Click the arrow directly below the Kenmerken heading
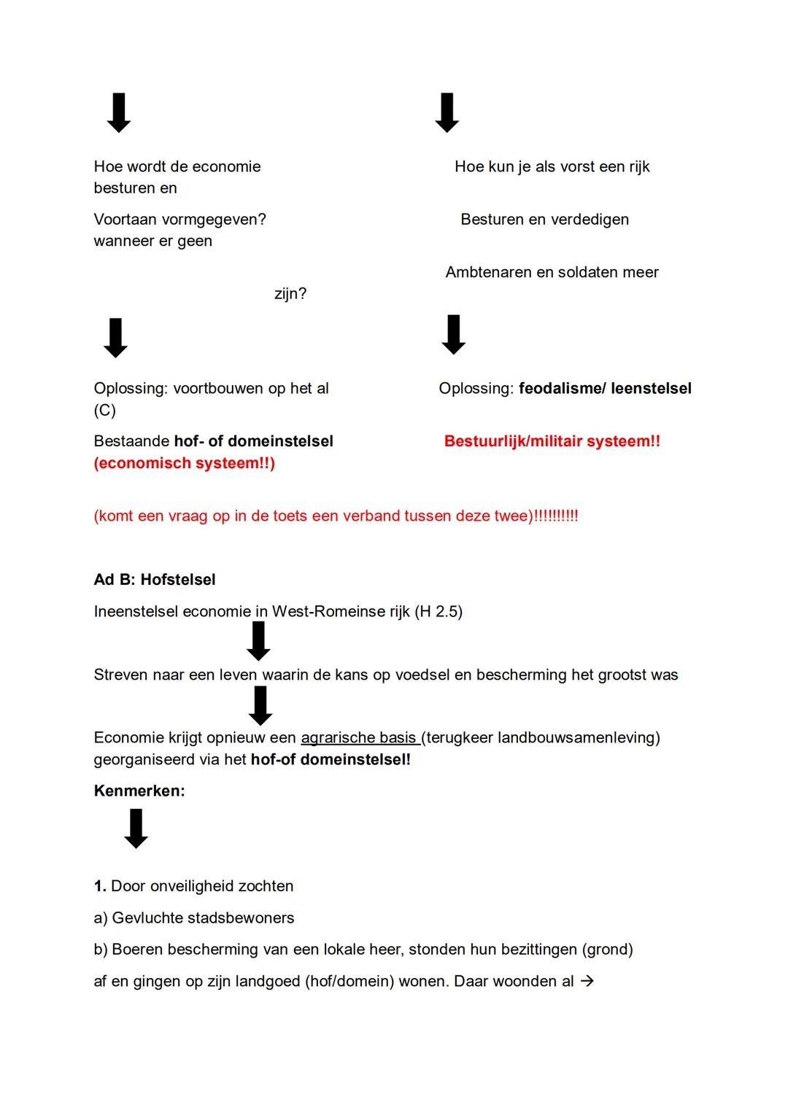coord(136,829)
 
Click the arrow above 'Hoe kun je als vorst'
coord(447,113)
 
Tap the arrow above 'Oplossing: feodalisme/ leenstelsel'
coord(453,335)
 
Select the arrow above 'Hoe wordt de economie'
coord(119,113)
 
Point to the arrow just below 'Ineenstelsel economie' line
coord(258,641)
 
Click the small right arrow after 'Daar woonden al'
coord(587,982)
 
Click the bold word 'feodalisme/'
coord(562,389)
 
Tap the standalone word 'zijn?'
coord(290,294)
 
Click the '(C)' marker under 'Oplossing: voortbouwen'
coord(105,411)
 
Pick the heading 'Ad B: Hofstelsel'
coord(155,580)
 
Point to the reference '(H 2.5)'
coord(439,612)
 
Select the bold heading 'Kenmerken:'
coord(139,791)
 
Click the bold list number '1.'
coord(100,886)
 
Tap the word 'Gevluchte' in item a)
coord(147,918)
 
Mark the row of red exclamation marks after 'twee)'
coord(556,516)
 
